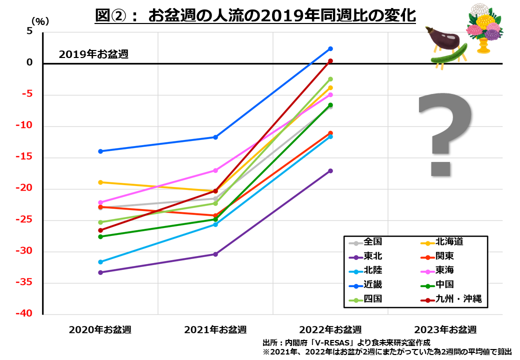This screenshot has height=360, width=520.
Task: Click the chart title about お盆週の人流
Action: [255, 15]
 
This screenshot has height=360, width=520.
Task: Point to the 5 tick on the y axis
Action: [29, 31]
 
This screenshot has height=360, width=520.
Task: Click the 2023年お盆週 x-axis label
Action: [445, 329]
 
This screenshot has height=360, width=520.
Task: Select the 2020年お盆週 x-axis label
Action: [100, 329]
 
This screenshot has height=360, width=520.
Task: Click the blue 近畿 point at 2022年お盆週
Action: [330, 48]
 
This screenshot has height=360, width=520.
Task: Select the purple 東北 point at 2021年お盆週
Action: [215, 254]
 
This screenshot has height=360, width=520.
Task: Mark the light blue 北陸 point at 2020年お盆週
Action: [100, 261]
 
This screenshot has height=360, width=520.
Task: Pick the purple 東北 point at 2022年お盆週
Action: [330, 171]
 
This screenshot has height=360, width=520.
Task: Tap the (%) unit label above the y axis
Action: [40, 21]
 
